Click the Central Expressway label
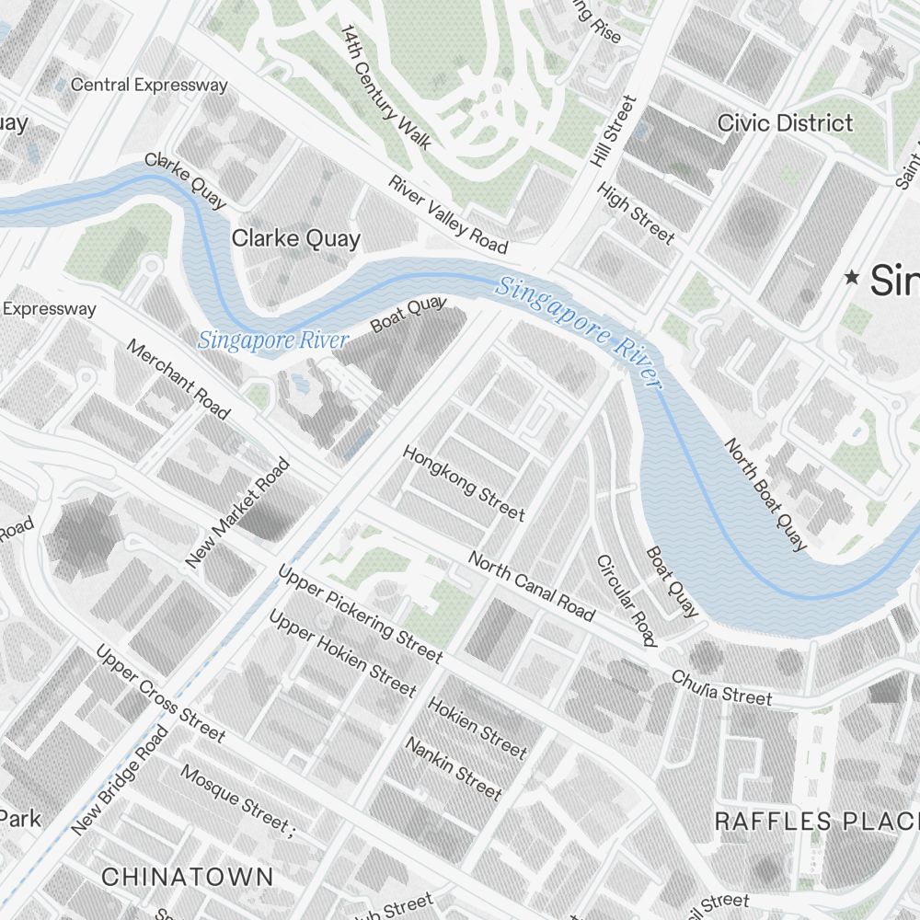pyautogui.click(x=149, y=85)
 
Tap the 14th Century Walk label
pyautogui.click(x=385, y=87)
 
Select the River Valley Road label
pyautogui.click(x=448, y=214)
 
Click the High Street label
pyautogui.click(x=636, y=213)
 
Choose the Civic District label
pyautogui.click(x=785, y=122)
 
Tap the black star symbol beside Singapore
pyautogui.click(x=853, y=276)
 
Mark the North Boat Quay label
pyautogui.click(x=765, y=495)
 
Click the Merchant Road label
pyautogui.click(x=178, y=379)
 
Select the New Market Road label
pyautogui.click(x=237, y=513)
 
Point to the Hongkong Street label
pyautogui.click(x=464, y=483)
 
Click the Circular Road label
pyautogui.click(x=626, y=600)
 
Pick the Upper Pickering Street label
pyautogui.click(x=360, y=615)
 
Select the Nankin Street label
pyautogui.click(x=454, y=768)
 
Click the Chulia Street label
pyautogui.click(x=722, y=687)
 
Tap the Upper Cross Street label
pyautogui.click(x=160, y=693)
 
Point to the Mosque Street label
pyautogui.click(x=236, y=799)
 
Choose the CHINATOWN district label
pyautogui.click(x=187, y=876)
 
